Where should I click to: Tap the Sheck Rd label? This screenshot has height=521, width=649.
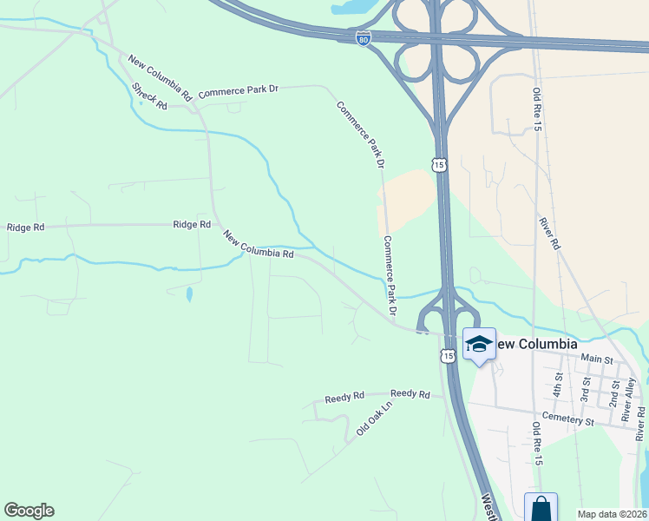pos(149,95)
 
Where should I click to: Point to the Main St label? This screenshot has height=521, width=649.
pos(597,359)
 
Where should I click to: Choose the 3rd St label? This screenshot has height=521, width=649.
pos(586,387)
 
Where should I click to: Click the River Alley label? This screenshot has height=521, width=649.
pos(630,392)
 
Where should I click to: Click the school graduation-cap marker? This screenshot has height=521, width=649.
pos(478,344)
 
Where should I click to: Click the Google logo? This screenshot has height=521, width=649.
pos(29,511)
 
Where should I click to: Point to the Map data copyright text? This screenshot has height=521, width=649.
pos(612,514)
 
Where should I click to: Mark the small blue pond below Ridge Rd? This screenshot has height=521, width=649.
pos(188,293)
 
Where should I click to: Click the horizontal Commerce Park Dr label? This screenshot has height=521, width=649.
pos(238,90)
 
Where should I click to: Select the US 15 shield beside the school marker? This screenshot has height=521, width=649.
pos(448,355)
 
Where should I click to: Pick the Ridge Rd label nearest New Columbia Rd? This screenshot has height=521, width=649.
pos(192,224)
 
